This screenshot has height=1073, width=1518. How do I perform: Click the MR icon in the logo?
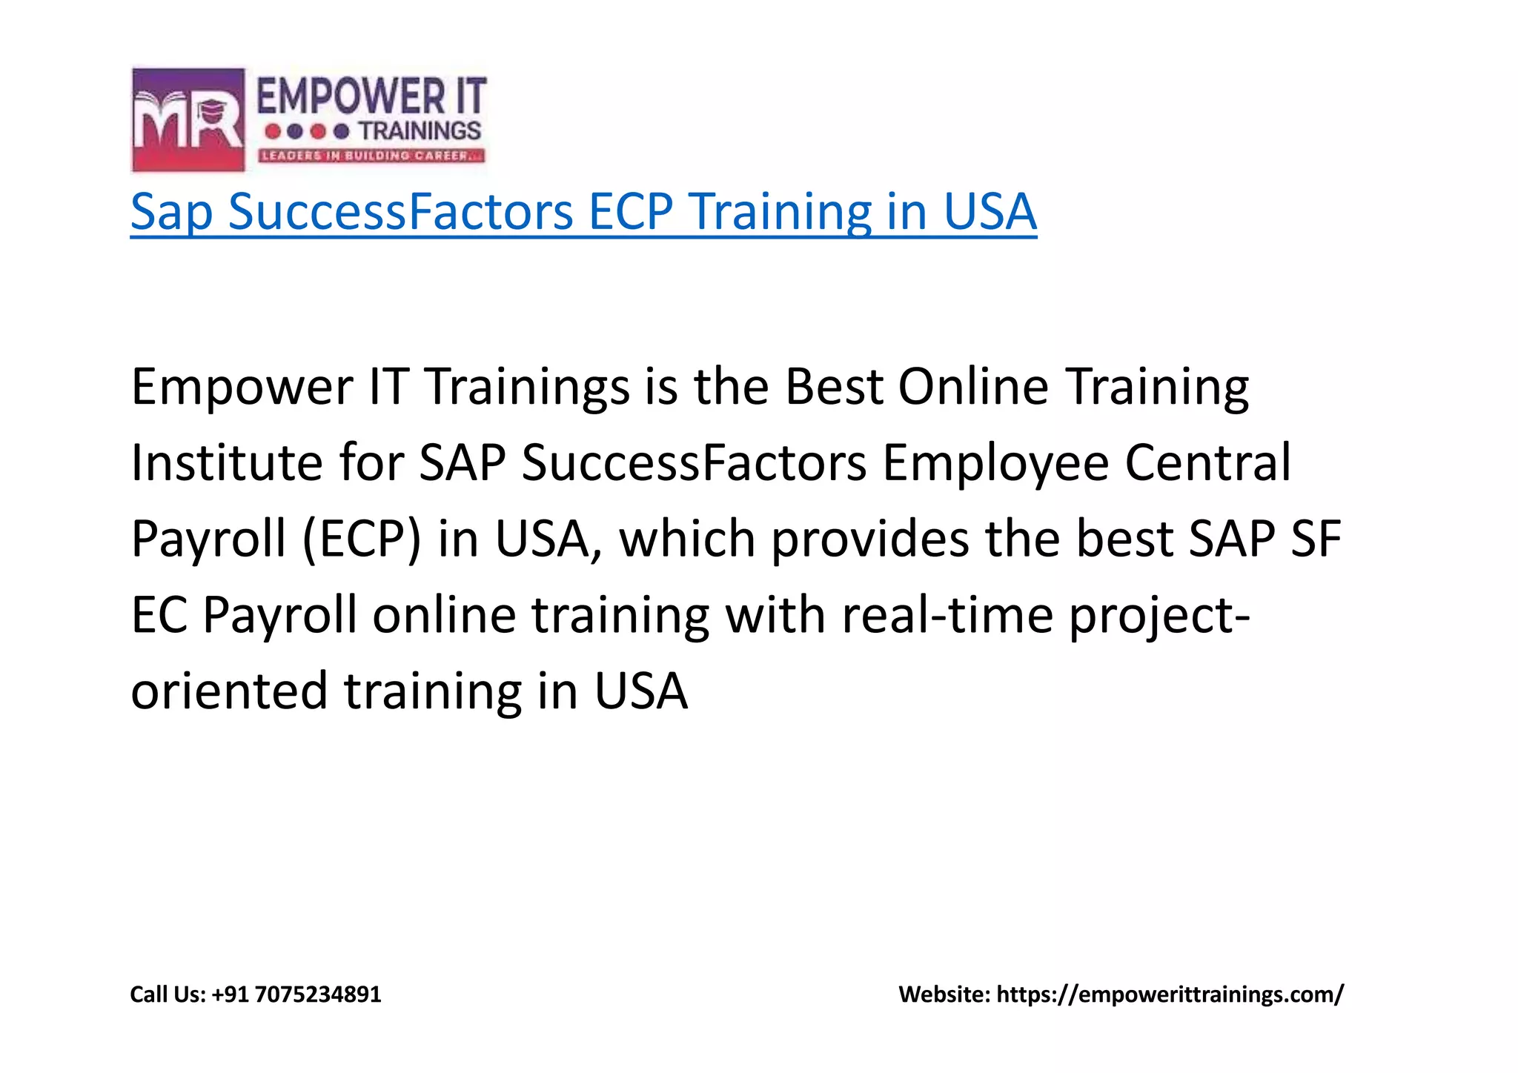pyautogui.click(x=188, y=119)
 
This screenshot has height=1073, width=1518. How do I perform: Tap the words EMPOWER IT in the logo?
pyautogui.click(x=371, y=97)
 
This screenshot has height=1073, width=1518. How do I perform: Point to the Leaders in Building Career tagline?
pyautogui.click(x=371, y=156)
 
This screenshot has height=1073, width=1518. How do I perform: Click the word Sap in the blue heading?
pyautogui.click(x=172, y=212)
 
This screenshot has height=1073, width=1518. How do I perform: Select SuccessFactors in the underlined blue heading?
pyautogui.click(x=400, y=212)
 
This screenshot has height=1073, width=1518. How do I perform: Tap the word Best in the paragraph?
pyautogui.click(x=834, y=387)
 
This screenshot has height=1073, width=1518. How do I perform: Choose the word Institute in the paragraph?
pyautogui.click(x=227, y=463)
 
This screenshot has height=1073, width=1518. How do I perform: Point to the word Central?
pyautogui.click(x=1208, y=463)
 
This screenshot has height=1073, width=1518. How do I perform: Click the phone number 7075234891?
pyautogui.click(x=318, y=994)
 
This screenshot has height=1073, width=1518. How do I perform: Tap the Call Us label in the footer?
pyautogui.click(x=168, y=994)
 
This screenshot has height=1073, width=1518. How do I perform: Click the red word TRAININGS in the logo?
pyautogui.click(x=420, y=131)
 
